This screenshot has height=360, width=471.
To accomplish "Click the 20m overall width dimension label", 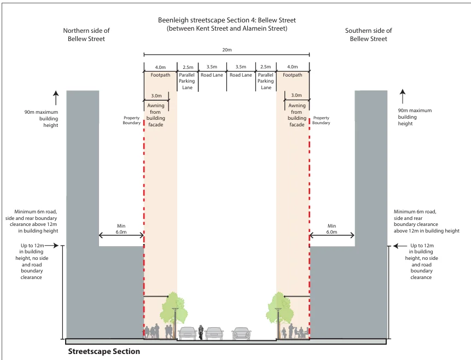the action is (x=227, y=50).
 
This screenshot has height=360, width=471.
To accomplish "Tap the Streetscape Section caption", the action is (x=104, y=351).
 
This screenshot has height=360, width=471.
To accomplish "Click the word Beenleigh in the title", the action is (x=173, y=20).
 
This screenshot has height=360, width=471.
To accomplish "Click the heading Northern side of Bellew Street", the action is (x=86, y=34).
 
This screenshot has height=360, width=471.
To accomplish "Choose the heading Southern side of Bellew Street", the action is (x=369, y=34).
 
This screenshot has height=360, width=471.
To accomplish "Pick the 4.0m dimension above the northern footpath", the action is (x=160, y=67).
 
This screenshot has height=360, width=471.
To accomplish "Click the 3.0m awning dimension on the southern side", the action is (x=296, y=95).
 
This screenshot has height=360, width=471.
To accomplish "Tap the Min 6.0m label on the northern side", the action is (x=121, y=229).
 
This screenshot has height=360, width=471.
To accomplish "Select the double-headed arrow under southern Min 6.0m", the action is (x=332, y=236).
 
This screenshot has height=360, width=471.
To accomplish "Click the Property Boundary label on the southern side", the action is (x=321, y=120).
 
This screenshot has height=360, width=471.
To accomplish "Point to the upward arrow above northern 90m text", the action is (x=56, y=98).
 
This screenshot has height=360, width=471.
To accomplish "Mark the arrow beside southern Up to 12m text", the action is (x=400, y=246).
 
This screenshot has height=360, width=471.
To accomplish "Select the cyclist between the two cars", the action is (x=201, y=332).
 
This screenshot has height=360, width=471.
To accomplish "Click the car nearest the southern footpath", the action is (x=241, y=333).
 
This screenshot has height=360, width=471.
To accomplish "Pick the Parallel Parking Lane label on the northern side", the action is (x=187, y=81).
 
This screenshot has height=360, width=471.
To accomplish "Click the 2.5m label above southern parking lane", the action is (x=265, y=67).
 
